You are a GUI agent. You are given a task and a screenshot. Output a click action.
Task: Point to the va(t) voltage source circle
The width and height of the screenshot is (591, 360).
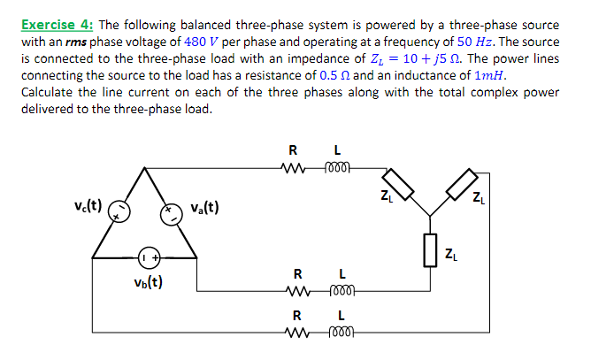click(170, 210)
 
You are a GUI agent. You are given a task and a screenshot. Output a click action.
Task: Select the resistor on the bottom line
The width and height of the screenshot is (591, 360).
click(297, 334)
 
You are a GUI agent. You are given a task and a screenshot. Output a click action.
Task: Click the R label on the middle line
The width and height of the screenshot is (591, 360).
click(298, 272)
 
